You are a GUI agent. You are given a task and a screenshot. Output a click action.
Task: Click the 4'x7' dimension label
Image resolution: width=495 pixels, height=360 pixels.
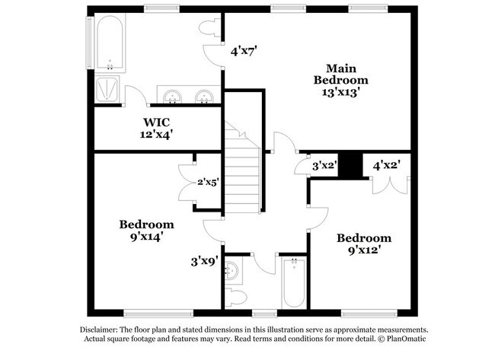tap(244, 53)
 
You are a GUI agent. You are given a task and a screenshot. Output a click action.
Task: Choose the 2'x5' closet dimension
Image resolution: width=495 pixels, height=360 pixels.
tap(209, 181)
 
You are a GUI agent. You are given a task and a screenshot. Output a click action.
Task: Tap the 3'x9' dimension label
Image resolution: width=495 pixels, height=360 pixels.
tap(205, 261)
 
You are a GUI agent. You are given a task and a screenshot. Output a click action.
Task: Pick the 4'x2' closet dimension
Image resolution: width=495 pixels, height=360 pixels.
tap(387, 164)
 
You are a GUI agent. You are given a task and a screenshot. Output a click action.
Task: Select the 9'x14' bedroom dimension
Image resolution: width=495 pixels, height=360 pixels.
tap(146, 237)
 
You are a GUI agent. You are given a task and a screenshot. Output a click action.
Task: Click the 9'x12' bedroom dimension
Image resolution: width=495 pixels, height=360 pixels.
tap(364, 249)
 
